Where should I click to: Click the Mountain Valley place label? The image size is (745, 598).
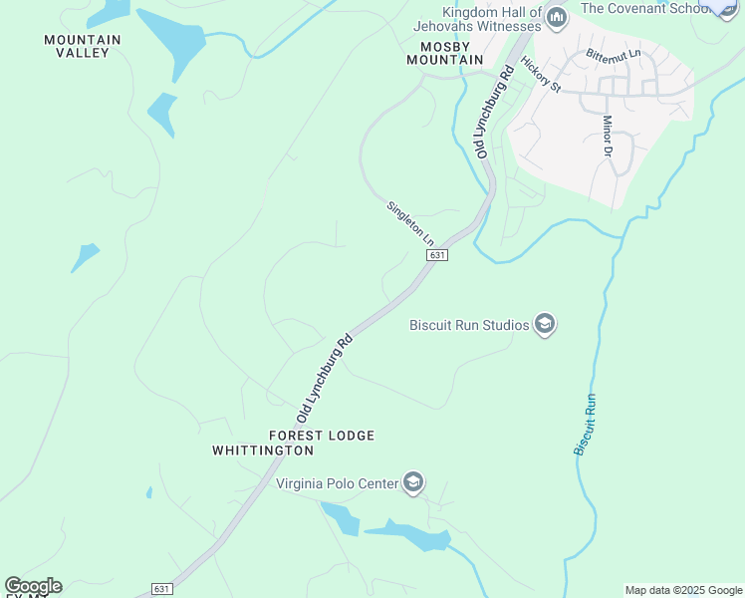tap(83, 46)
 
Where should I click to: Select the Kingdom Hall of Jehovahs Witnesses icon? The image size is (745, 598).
tap(557, 17)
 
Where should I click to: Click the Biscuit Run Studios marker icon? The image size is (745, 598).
tap(544, 325)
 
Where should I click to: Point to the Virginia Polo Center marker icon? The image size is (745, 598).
tap(413, 484)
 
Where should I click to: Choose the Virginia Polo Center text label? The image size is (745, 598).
tap(336, 484)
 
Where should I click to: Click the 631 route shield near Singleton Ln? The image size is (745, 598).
tap(436, 255)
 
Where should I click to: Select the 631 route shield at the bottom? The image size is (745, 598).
tap(162, 589)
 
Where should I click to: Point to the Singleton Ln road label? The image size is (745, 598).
tap(410, 223)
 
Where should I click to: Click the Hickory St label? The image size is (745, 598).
tap(541, 75)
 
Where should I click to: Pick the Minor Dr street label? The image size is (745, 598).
tap(606, 136)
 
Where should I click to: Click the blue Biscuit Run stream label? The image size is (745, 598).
tap(585, 425)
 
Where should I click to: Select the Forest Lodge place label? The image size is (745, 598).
tap(321, 436)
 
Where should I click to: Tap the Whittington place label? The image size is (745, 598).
tap(263, 450)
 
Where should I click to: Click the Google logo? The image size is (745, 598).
tap(32, 586)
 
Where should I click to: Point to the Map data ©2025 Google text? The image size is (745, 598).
tap(683, 590)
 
